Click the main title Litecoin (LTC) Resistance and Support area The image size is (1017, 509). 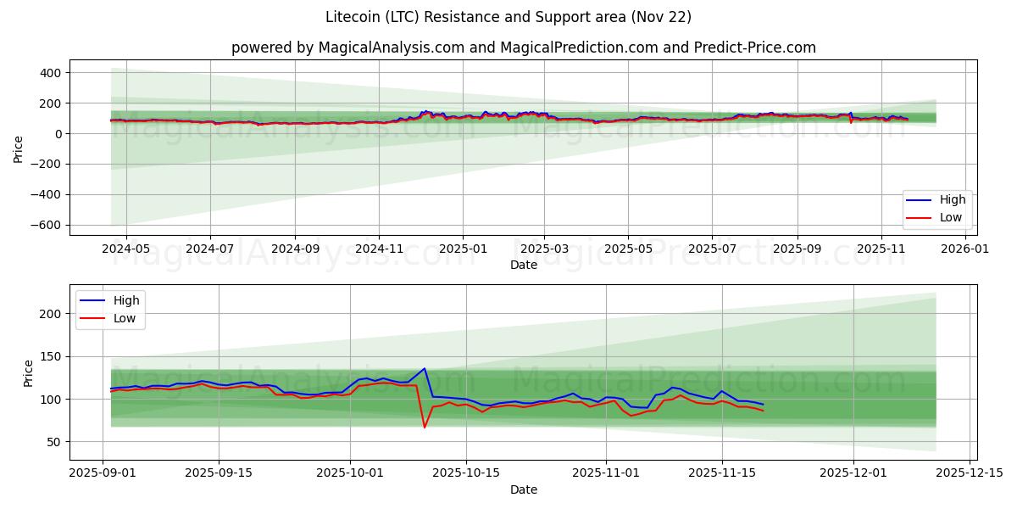click(508, 17)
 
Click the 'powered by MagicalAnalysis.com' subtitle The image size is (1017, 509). click(523, 48)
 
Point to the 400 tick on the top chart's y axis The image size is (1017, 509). click(49, 73)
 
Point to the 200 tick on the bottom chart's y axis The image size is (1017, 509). click(53, 314)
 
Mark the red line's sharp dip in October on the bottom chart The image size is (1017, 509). click(425, 427)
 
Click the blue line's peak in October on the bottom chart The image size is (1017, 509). click(425, 368)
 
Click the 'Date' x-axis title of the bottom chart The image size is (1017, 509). click(523, 489)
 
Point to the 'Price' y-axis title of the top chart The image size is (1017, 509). click(19, 148)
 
